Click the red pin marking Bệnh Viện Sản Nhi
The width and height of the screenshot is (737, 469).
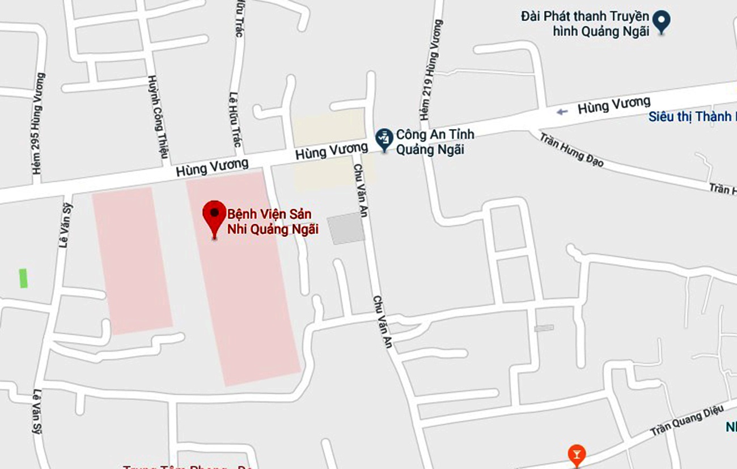[x=214, y=215]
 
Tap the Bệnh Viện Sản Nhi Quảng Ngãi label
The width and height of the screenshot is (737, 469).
[x=273, y=221]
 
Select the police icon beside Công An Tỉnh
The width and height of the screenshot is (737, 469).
[x=384, y=138]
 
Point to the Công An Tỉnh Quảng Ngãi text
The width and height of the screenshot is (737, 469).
[x=434, y=142]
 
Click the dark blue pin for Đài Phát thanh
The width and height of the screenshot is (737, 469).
[x=661, y=21]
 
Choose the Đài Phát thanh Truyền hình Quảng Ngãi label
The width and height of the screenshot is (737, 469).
[x=584, y=23]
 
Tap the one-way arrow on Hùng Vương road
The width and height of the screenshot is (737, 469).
[x=562, y=112]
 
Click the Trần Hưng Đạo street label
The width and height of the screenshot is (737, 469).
[x=571, y=150]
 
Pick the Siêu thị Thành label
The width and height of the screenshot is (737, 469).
[x=692, y=116]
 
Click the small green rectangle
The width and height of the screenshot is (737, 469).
[x=23, y=278]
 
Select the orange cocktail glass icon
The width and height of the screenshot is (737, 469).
[x=576, y=453]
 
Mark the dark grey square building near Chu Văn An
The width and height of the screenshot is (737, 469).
[x=346, y=228]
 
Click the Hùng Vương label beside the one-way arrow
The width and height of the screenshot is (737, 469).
[x=614, y=105]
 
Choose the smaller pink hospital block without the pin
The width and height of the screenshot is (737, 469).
[x=132, y=260]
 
